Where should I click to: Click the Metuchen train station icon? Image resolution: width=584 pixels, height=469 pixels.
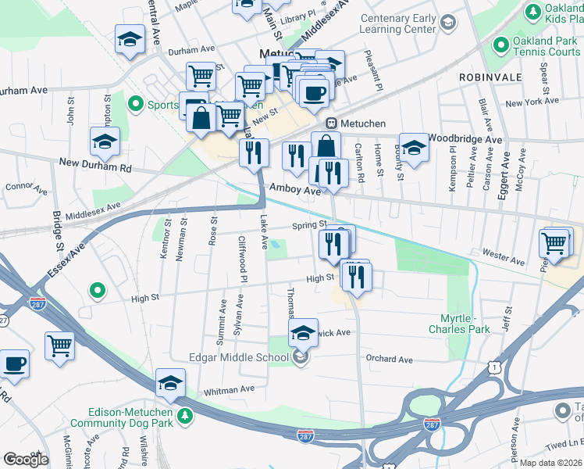[331, 124]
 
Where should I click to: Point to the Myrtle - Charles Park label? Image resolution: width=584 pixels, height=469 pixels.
[459, 324]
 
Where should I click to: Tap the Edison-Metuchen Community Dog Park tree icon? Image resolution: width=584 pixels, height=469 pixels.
[185, 414]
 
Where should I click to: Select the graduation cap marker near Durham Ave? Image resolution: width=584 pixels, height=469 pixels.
[130, 39]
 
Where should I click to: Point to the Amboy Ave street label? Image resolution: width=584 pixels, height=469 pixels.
[294, 189]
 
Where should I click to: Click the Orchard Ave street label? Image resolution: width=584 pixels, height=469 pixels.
[389, 360]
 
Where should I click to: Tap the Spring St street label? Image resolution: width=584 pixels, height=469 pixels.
[308, 226]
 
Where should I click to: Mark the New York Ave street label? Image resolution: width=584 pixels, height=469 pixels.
[532, 102]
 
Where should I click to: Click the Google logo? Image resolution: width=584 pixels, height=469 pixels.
[26, 459]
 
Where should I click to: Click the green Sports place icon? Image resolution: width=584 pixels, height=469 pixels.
[136, 103]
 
